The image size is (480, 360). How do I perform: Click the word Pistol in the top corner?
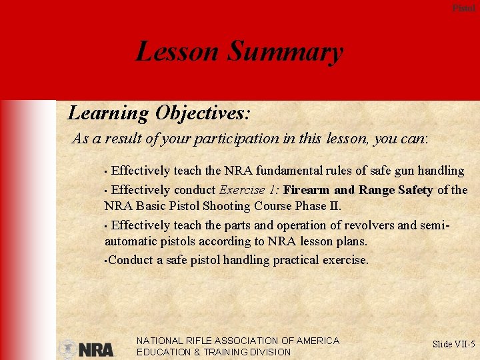pos(464,8)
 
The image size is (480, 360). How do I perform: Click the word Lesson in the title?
pos(176,52)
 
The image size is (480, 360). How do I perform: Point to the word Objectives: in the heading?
pos(203,113)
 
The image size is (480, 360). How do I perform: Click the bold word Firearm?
pos(306,190)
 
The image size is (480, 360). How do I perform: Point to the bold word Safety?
pos(415,190)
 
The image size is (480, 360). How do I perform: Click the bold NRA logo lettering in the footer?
pos(97,349)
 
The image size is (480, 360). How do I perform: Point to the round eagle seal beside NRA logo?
pos(68,349)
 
